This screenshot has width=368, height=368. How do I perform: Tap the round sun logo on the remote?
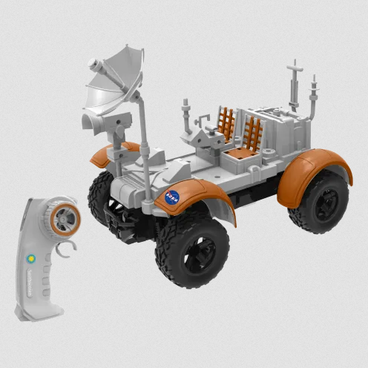coord(31,260)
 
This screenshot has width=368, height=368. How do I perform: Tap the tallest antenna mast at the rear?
coord(295,85)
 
